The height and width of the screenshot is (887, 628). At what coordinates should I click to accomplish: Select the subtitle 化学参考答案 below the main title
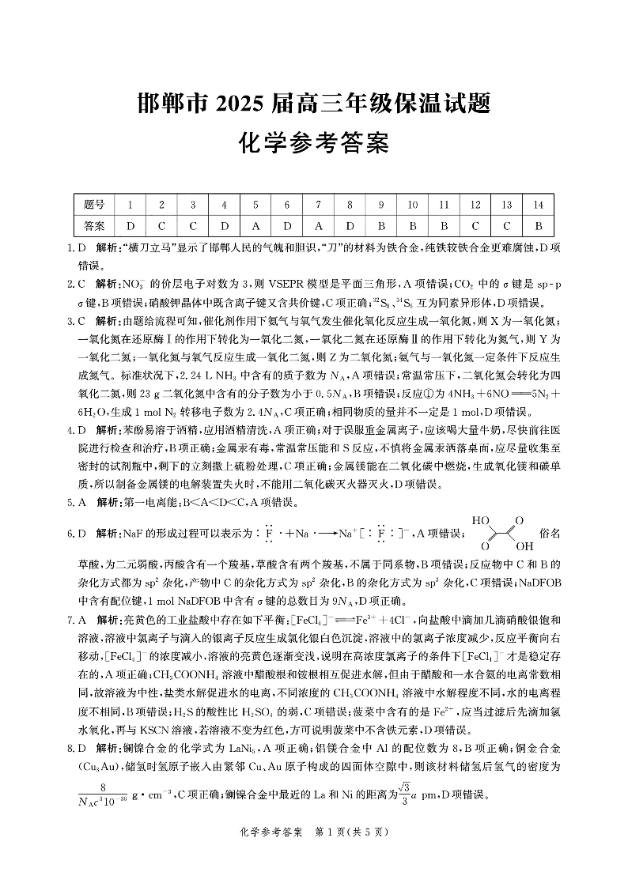click(x=314, y=144)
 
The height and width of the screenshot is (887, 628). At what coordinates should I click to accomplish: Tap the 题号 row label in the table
click(x=94, y=205)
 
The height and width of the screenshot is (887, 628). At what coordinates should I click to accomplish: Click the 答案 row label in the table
click(x=94, y=225)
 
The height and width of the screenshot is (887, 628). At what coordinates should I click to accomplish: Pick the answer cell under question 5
click(x=255, y=225)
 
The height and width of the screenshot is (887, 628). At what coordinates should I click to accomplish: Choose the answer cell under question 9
click(x=381, y=225)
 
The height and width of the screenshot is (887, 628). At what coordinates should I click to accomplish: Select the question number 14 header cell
click(x=538, y=205)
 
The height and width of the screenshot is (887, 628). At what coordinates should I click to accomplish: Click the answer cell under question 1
click(x=130, y=225)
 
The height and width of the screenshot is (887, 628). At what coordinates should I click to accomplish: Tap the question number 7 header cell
click(x=318, y=205)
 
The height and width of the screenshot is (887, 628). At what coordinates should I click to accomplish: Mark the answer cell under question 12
click(x=475, y=225)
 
